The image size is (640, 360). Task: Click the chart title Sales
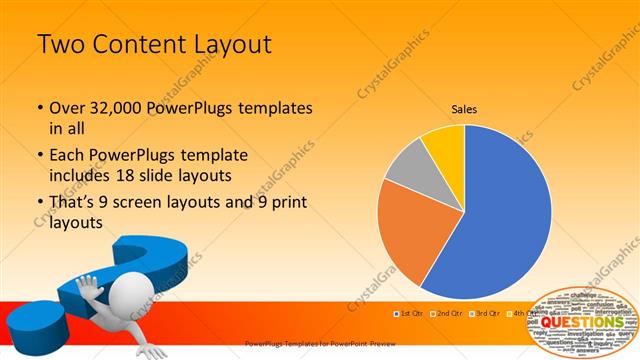tap(464, 108)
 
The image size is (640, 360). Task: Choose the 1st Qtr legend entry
tap(409, 314)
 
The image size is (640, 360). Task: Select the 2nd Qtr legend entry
tap(447, 314)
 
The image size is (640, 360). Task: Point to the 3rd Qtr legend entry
tap(486, 314)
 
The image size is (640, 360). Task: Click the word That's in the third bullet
tap(74, 204)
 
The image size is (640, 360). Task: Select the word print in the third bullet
tap(287, 204)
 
